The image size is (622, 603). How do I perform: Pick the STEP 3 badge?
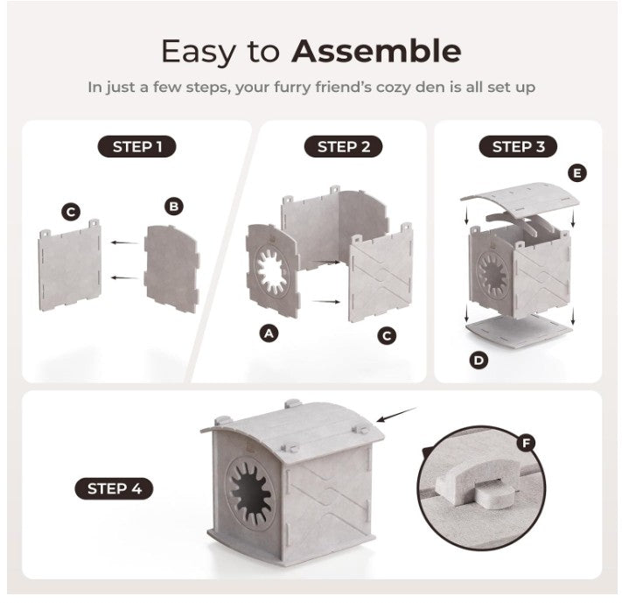(x=518, y=146)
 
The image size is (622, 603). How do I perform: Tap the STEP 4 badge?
(x=114, y=488)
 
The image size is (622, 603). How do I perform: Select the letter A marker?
(x=269, y=333)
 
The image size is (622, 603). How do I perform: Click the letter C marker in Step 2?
(x=387, y=335)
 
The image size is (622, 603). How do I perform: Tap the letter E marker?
(x=576, y=172)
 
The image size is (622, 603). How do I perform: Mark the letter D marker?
(x=479, y=360)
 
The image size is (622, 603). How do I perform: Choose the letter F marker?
(x=526, y=444)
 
